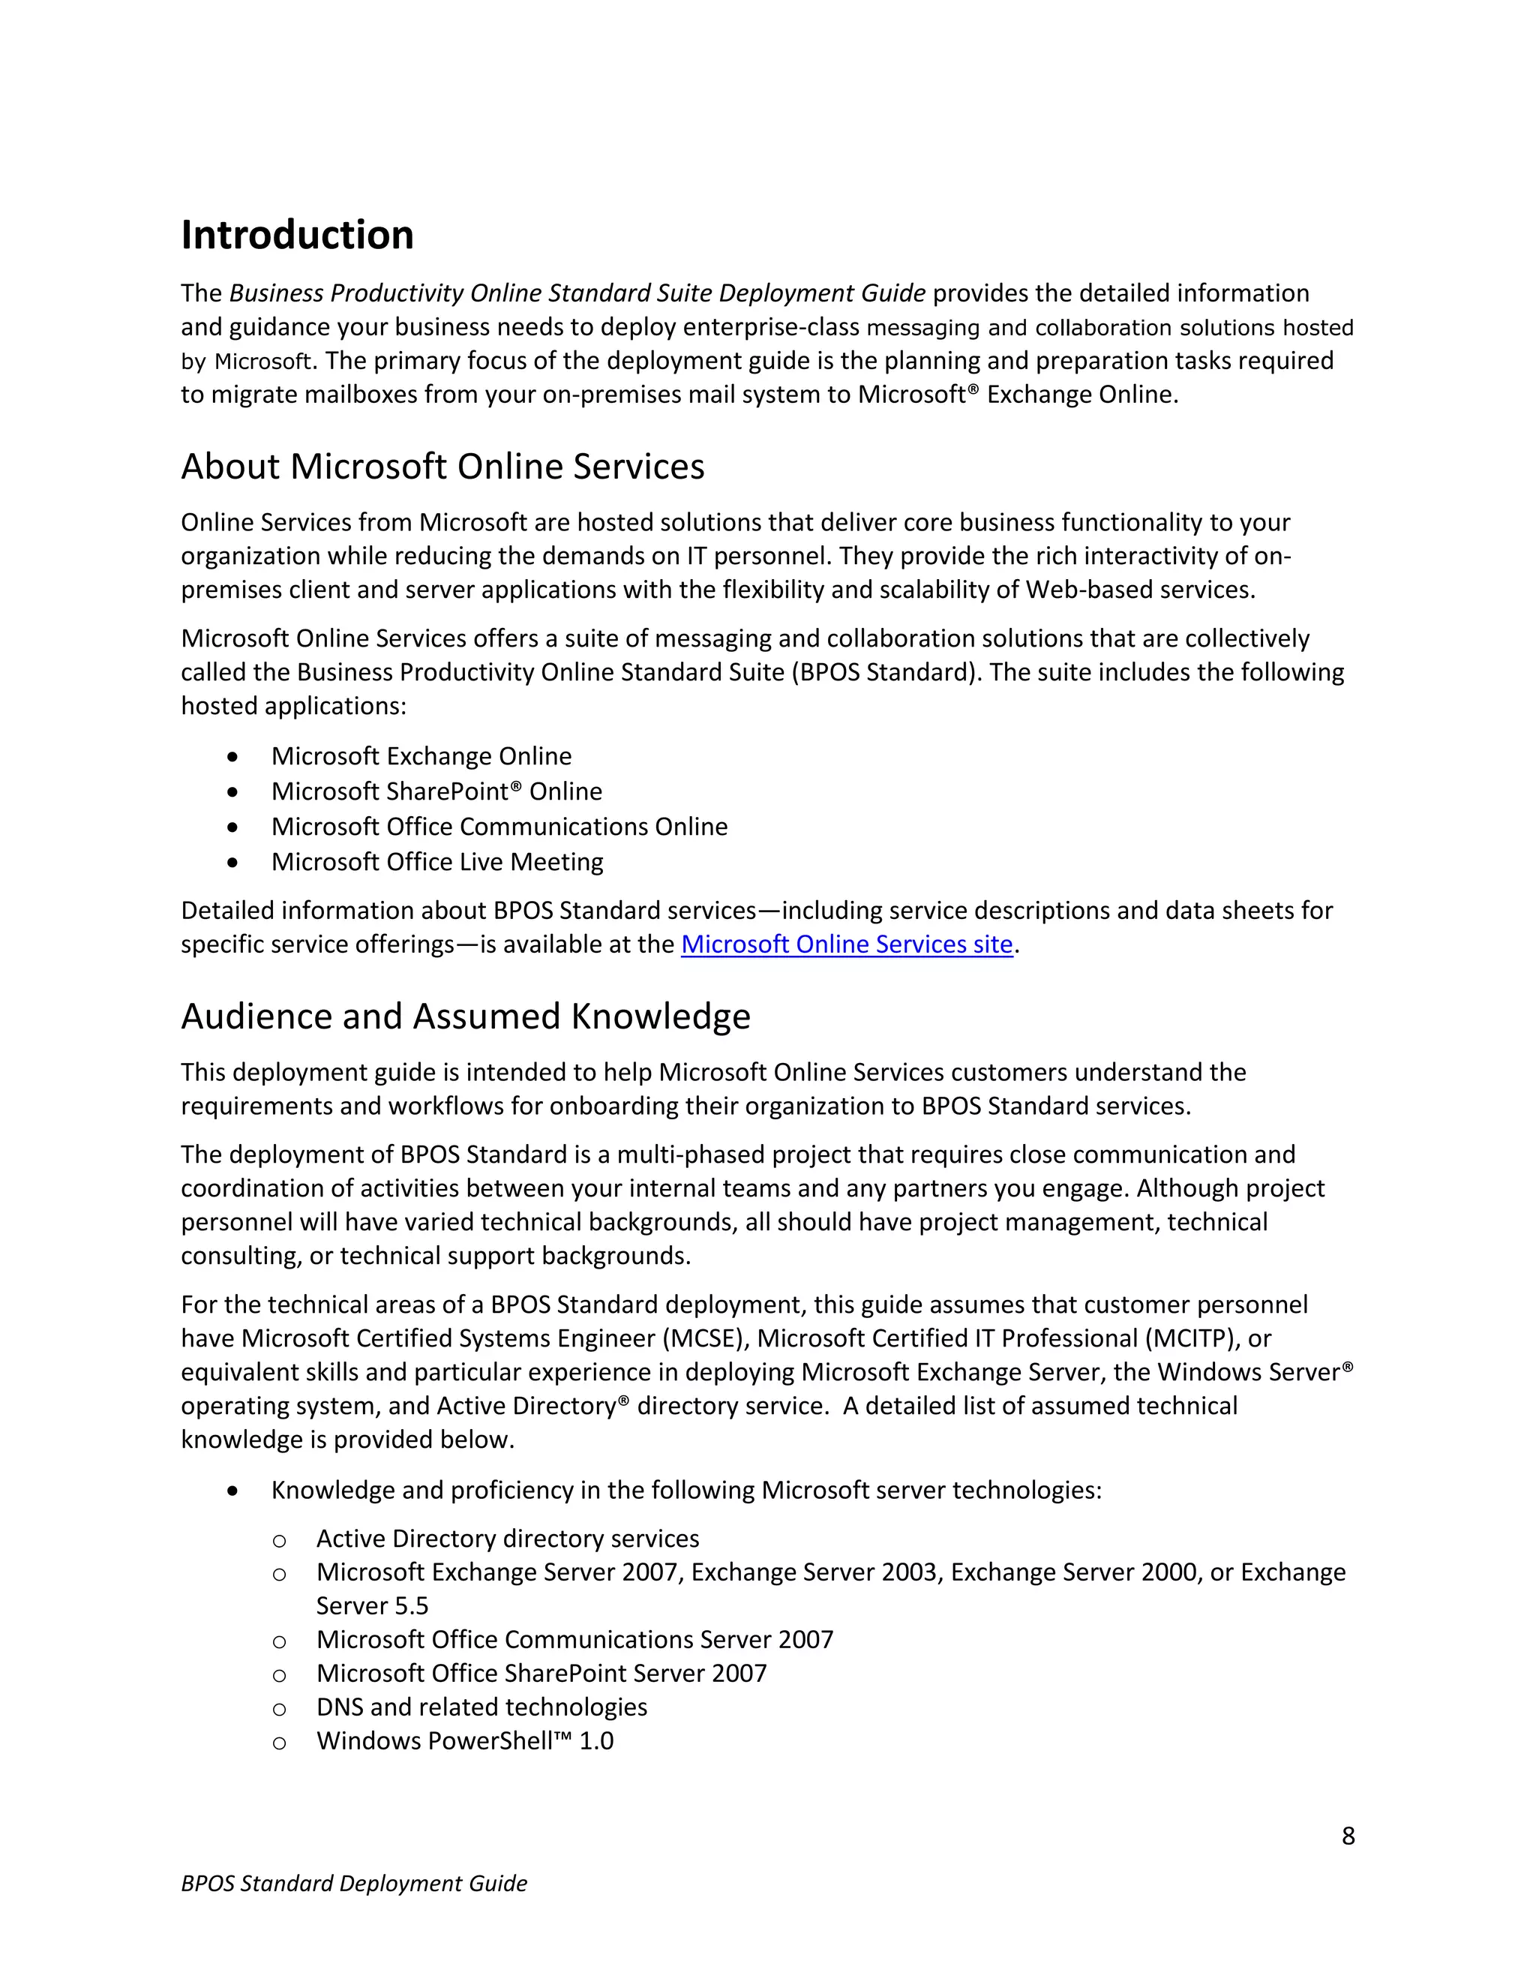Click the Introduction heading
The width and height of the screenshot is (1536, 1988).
click(297, 235)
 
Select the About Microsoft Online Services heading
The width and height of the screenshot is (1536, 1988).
click(442, 466)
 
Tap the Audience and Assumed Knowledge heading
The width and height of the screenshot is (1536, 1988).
click(465, 1016)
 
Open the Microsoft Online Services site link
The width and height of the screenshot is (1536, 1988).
click(846, 944)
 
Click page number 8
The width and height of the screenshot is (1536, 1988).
click(1348, 1836)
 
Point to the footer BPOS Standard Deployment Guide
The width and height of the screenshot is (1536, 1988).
click(354, 1883)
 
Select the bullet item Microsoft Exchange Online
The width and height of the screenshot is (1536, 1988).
click(421, 756)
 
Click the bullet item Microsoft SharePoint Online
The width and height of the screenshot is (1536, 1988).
click(436, 791)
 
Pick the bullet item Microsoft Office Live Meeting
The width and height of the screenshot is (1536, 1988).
click(436, 861)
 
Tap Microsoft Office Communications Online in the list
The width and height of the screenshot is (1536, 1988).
click(499, 827)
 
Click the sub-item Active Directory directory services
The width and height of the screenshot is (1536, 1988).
click(507, 1539)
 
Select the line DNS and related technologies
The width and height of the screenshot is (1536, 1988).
click(481, 1707)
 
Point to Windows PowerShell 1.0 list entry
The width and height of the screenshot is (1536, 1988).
click(464, 1740)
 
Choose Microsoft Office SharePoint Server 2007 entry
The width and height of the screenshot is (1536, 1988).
click(541, 1673)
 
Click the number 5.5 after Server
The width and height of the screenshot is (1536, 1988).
click(411, 1605)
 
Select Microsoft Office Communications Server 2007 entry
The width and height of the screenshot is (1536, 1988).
click(574, 1639)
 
